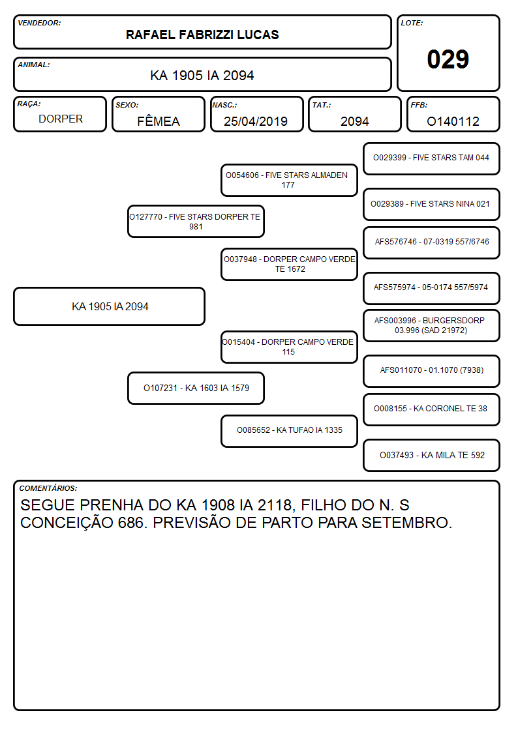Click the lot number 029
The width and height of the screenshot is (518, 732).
[448, 59]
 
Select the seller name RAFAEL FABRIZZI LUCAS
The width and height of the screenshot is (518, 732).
[202, 35]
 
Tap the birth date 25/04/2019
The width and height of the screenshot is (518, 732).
[256, 121]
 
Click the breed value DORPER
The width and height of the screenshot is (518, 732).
[61, 119]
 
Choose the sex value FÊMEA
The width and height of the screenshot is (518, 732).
[159, 121]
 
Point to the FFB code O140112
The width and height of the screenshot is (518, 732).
[453, 121]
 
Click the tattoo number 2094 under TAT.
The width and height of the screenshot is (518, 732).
[354, 121]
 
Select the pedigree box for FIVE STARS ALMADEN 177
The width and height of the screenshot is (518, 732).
[289, 180]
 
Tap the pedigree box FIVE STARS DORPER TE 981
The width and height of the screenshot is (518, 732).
[196, 222]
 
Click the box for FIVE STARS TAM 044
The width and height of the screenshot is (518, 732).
[431, 159]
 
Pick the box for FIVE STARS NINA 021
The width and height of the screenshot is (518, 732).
[431, 205]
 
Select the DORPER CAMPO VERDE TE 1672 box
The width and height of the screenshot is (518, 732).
[289, 264]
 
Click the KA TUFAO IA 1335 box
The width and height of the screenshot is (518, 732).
[289, 431]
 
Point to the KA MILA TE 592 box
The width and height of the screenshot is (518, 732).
[431, 455]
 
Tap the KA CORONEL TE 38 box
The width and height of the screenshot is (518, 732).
[431, 409]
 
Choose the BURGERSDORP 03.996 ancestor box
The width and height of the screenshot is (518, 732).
[431, 325]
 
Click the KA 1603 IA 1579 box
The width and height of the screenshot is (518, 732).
[196, 388]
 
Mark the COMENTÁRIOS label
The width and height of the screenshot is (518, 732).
[48, 488]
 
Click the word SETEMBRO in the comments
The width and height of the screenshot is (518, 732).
[407, 523]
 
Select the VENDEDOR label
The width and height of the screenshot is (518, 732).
[39, 23]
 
